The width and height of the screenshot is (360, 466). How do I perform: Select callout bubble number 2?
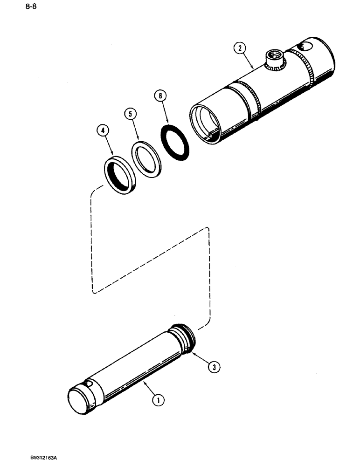click(x=239, y=48)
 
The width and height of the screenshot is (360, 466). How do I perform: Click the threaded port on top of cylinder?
click(x=275, y=59)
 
